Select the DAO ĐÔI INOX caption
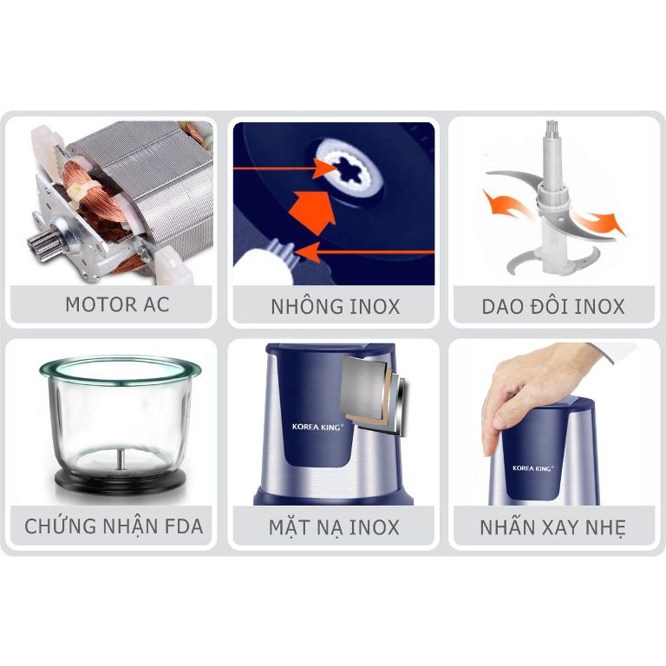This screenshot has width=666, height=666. (x=553, y=306)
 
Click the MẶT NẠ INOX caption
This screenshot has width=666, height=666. (x=334, y=526)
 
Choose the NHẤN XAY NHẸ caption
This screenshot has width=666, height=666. (x=553, y=526)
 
